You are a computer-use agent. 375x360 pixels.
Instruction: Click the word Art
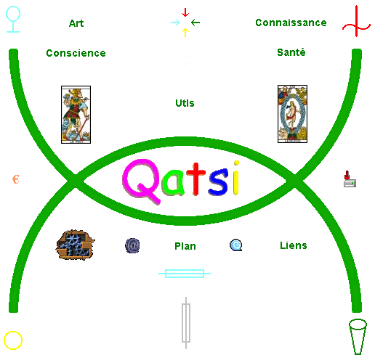coord(76,23)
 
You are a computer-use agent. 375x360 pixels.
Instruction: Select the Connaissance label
coord(291,22)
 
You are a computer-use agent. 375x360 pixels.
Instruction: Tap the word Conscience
coord(76,53)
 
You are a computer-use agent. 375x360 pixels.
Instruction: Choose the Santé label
coord(291,52)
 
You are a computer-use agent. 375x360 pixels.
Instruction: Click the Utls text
coord(185,103)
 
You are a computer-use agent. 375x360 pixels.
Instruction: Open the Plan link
coord(185,246)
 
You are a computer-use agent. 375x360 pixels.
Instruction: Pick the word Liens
coord(294,245)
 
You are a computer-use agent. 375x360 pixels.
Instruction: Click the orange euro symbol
coord(16,179)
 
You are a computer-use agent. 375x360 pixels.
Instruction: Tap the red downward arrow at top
coord(185,12)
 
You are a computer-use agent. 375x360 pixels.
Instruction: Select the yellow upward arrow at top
coord(185,33)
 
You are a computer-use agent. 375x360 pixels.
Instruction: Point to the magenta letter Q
coord(141,181)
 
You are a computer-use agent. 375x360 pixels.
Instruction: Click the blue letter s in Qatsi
coord(218,181)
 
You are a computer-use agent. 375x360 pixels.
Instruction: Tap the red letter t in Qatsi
coord(196,179)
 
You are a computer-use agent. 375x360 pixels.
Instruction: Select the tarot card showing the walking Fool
coord(76,115)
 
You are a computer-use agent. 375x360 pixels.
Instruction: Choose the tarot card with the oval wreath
coord(292,114)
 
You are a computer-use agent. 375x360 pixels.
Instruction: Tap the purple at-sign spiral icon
coord(132,245)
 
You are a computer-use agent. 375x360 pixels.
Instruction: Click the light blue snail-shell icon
coord(235,245)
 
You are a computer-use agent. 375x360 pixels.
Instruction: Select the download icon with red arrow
coord(350,179)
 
